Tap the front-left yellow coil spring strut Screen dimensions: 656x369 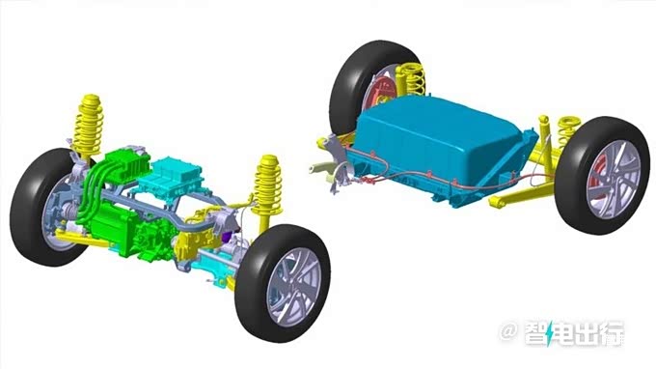[89, 126]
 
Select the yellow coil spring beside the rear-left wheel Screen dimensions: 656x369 [412, 79]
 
